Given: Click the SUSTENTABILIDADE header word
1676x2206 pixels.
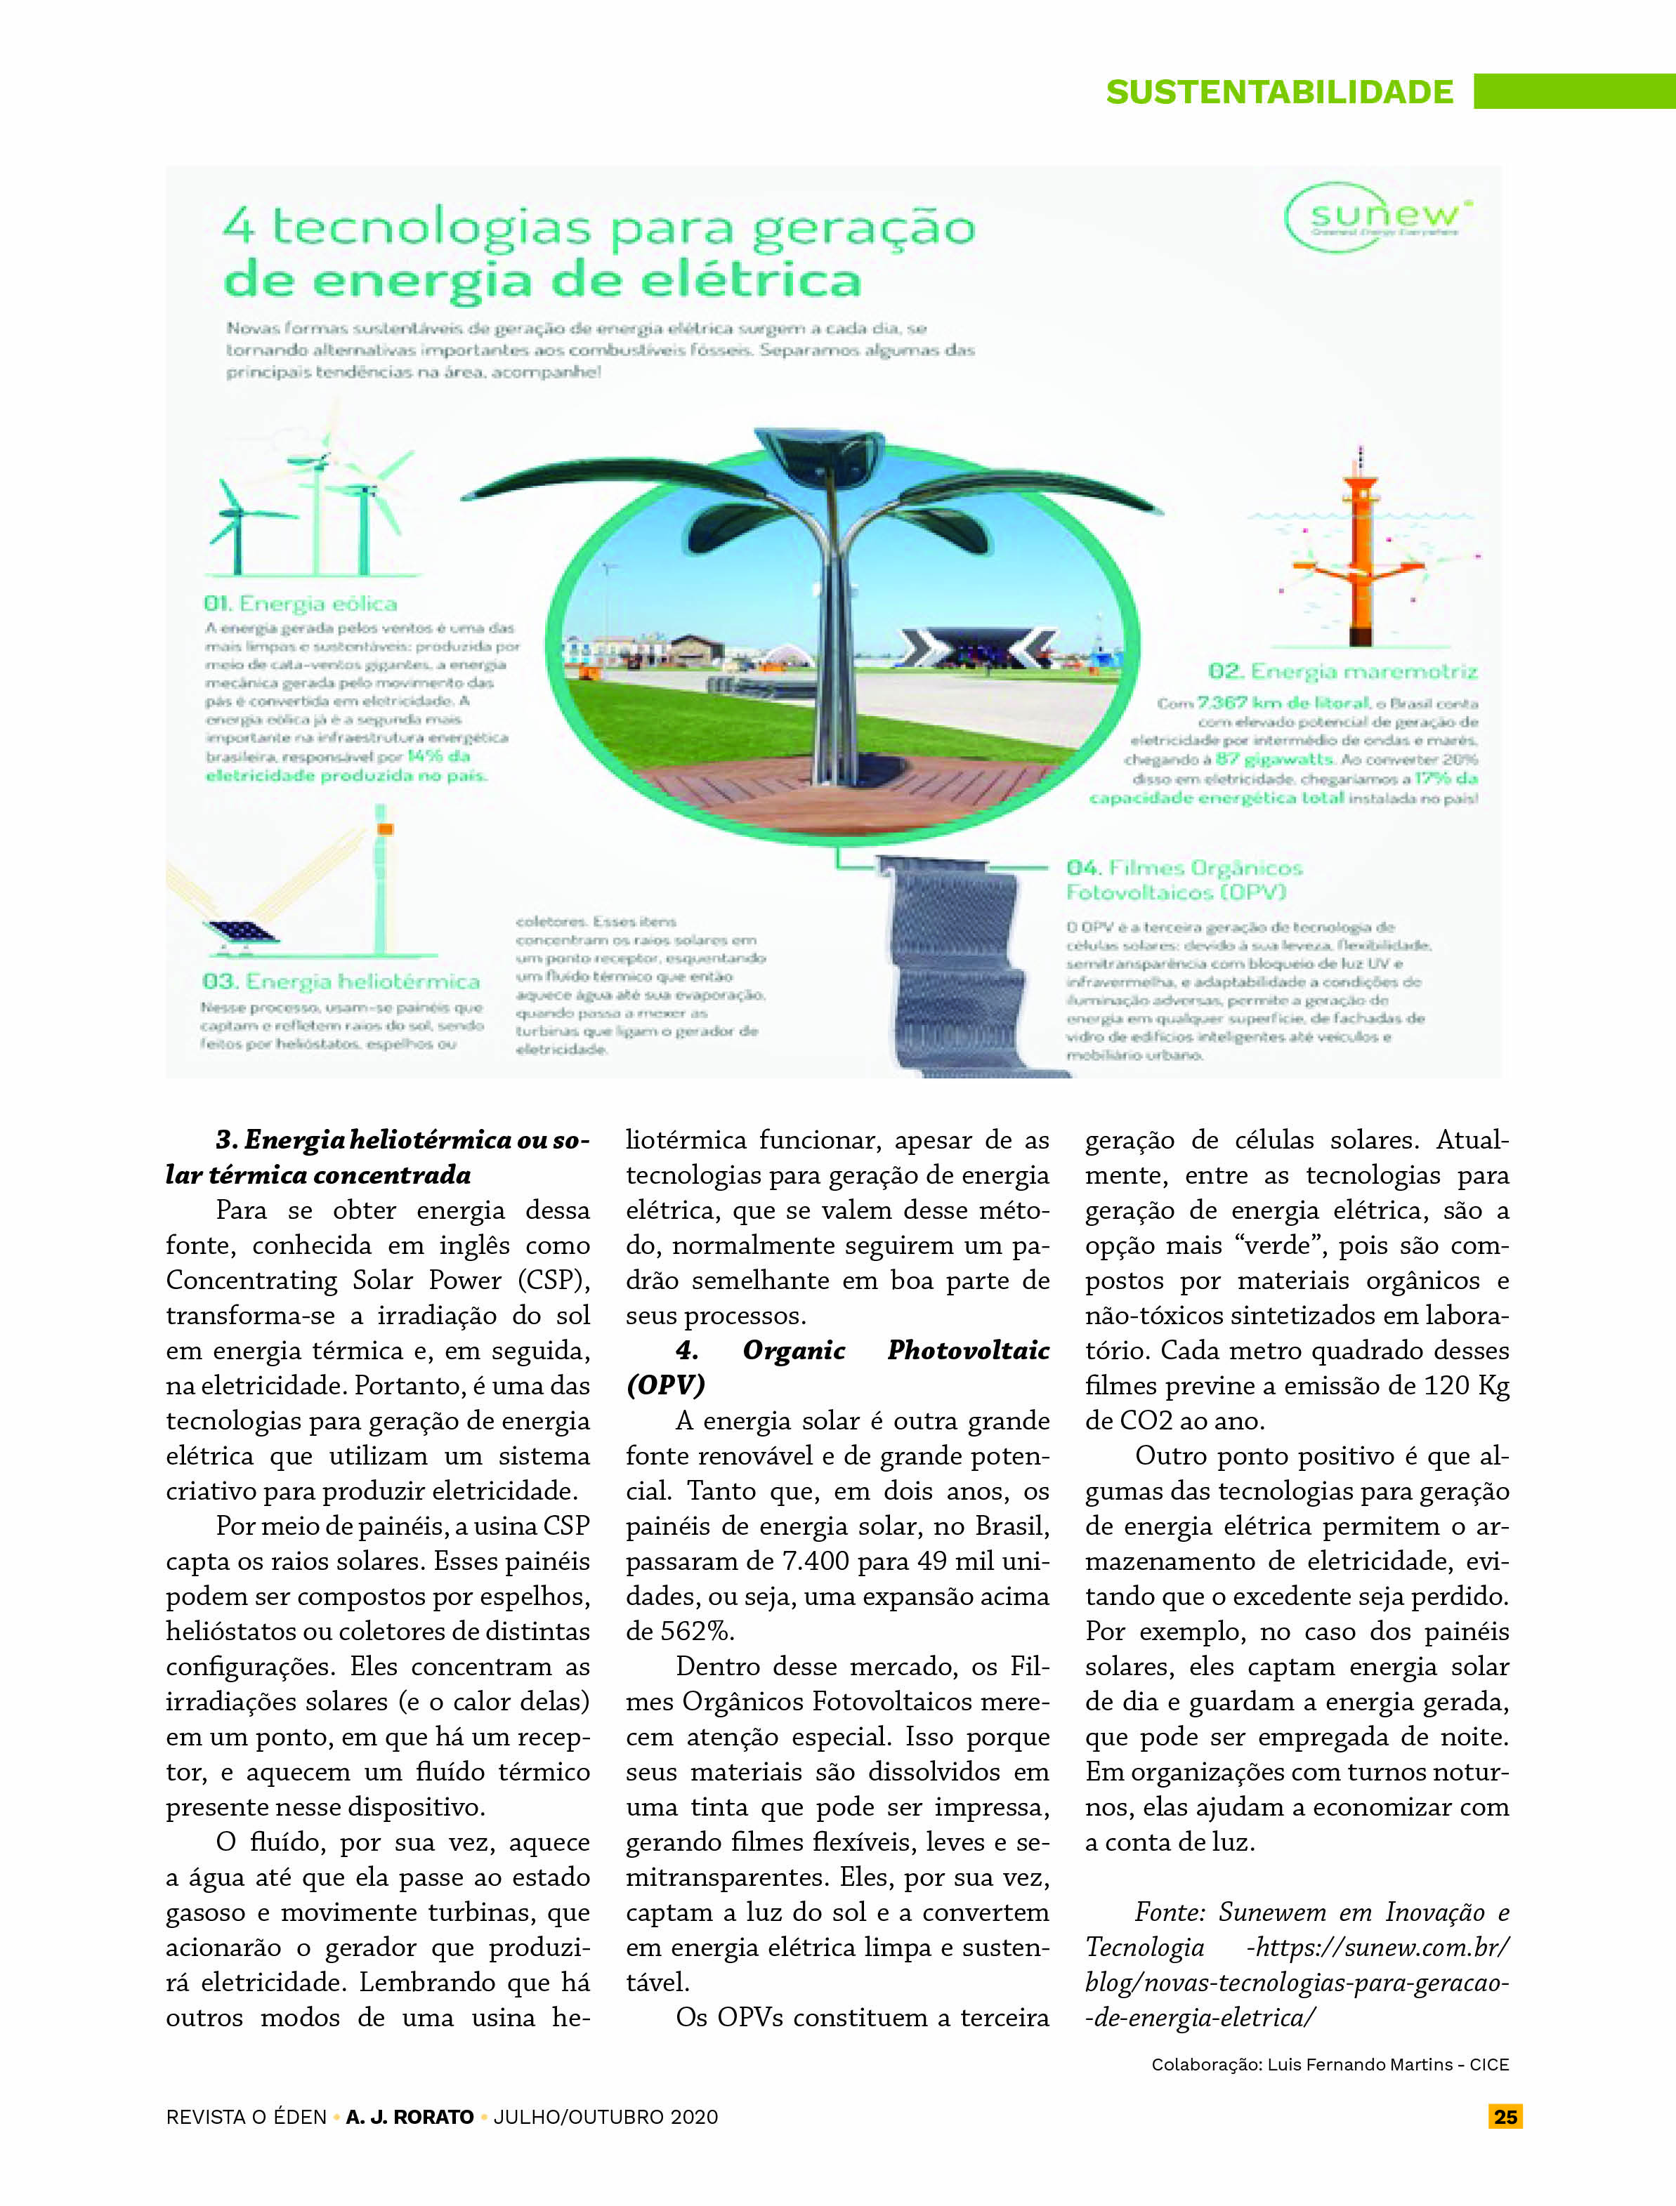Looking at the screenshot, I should pos(1279,92).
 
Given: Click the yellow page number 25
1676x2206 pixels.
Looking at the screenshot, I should pos(1505,2116).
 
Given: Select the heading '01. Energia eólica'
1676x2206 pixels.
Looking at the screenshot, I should pos(300,603).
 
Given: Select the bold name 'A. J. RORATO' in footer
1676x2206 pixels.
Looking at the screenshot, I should pos(409,2116).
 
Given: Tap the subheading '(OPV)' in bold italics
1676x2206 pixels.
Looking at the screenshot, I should pos(664,1386).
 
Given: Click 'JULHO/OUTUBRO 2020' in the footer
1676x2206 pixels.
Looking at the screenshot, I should pos(605,2116).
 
